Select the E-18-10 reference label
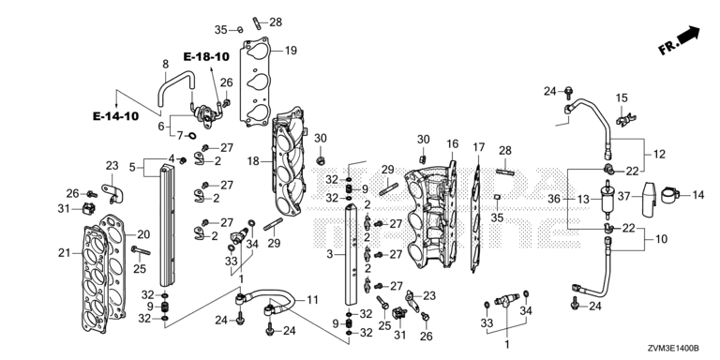(x=206, y=56)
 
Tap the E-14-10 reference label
(x=115, y=116)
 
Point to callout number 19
(x=291, y=51)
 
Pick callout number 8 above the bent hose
(x=165, y=65)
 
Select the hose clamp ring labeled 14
(x=670, y=195)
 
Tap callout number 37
(x=624, y=197)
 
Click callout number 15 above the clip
(x=622, y=97)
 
